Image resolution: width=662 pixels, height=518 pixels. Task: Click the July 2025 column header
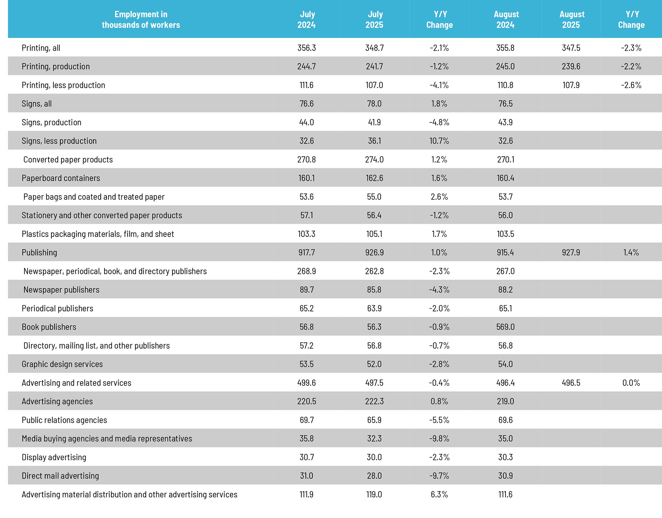click(x=374, y=20)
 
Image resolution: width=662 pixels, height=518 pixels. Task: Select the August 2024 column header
click(x=506, y=20)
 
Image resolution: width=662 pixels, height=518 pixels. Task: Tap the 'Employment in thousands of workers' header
click(x=141, y=20)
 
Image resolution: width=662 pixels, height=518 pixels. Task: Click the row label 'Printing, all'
click(x=41, y=48)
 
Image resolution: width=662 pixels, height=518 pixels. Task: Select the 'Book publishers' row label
click(x=49, y=327)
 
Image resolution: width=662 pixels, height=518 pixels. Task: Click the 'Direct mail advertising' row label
click(x=60, y=476)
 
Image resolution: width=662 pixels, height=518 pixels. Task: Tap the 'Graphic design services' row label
click(x=62, y=364)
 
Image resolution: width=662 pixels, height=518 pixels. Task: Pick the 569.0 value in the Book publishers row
click(x=505, y=327)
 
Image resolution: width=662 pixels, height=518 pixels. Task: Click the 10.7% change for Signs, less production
click(x=439, y=141)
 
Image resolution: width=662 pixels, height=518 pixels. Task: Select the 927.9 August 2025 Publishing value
click(x=571, y=253)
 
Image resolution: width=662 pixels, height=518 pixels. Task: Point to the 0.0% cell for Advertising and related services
click(x=631, y=383)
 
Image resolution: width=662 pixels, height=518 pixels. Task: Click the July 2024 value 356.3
click(x=307, y=48)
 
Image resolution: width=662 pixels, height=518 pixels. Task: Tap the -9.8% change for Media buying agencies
click(x=439, y=439)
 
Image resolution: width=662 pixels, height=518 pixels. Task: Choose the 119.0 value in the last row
click(x=374, y=495)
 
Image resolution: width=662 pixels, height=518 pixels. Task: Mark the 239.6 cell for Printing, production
click(x=571, y=67)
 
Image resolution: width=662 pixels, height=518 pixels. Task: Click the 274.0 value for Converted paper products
click(x=374, y=160)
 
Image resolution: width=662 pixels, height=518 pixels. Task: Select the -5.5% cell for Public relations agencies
click(x=439, y=420)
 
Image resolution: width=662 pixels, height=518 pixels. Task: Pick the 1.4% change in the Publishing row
click(x=631, y=253)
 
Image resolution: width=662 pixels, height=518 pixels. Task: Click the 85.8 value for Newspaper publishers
click(x=374, y=290)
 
